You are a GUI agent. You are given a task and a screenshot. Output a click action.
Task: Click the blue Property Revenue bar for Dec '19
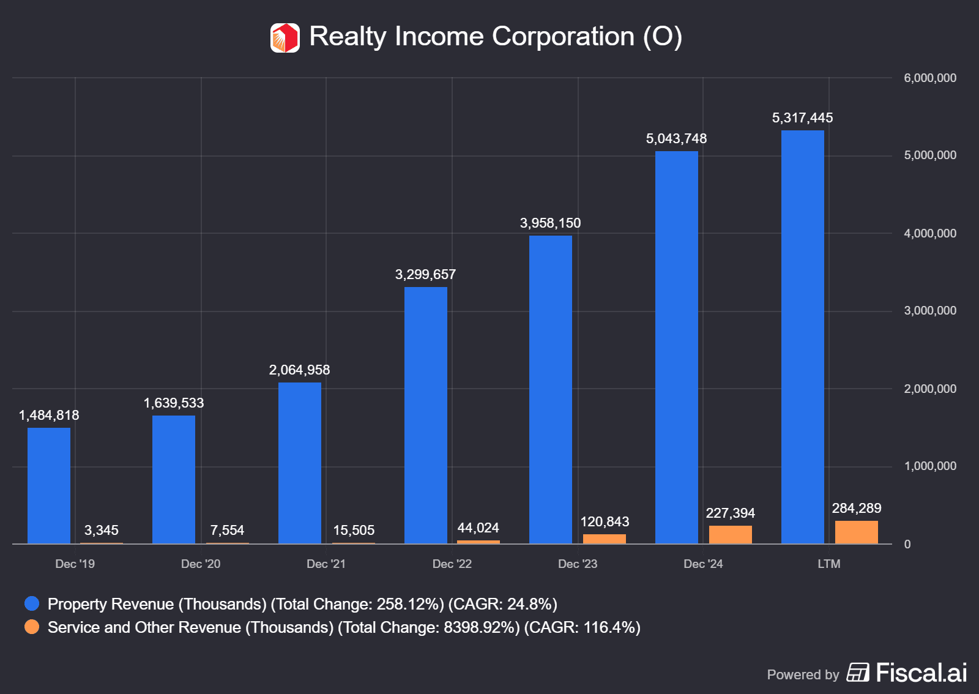point(49,485)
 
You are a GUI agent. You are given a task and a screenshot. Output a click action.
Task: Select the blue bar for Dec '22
point(426,415)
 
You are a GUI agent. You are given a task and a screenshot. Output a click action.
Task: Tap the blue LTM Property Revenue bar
point(803,337)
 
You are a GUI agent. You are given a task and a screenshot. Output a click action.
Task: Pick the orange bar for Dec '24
point(731,534)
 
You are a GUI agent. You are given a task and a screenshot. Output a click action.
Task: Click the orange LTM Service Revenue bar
point(857,532)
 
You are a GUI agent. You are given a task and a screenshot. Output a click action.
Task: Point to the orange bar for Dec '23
point(605,539)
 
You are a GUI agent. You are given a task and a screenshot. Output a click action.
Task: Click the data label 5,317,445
point(802,118)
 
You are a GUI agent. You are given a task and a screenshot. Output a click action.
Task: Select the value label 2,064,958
point(299,370)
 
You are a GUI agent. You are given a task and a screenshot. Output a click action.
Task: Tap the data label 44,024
point(478,528)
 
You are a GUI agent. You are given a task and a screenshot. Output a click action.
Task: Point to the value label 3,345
point(102,530)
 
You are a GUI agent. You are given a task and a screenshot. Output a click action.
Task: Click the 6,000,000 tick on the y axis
point(930,78)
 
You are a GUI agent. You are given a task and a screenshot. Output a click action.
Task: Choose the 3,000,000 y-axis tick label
point(930,311)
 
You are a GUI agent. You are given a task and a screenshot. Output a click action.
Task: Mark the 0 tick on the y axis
point(907,544)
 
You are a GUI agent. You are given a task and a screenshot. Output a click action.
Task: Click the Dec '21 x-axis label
point(326,564)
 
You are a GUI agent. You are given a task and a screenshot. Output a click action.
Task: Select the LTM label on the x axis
point(829,564)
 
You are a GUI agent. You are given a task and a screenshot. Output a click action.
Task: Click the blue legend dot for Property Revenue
point(32,603)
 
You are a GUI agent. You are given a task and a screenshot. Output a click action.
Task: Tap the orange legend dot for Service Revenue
point(32,627)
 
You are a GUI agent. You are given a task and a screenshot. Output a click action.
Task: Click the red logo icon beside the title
point(285,38)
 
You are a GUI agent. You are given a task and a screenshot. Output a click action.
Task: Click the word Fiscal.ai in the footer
point(921,673)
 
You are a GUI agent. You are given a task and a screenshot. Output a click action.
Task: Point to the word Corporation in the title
point(563,36)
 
